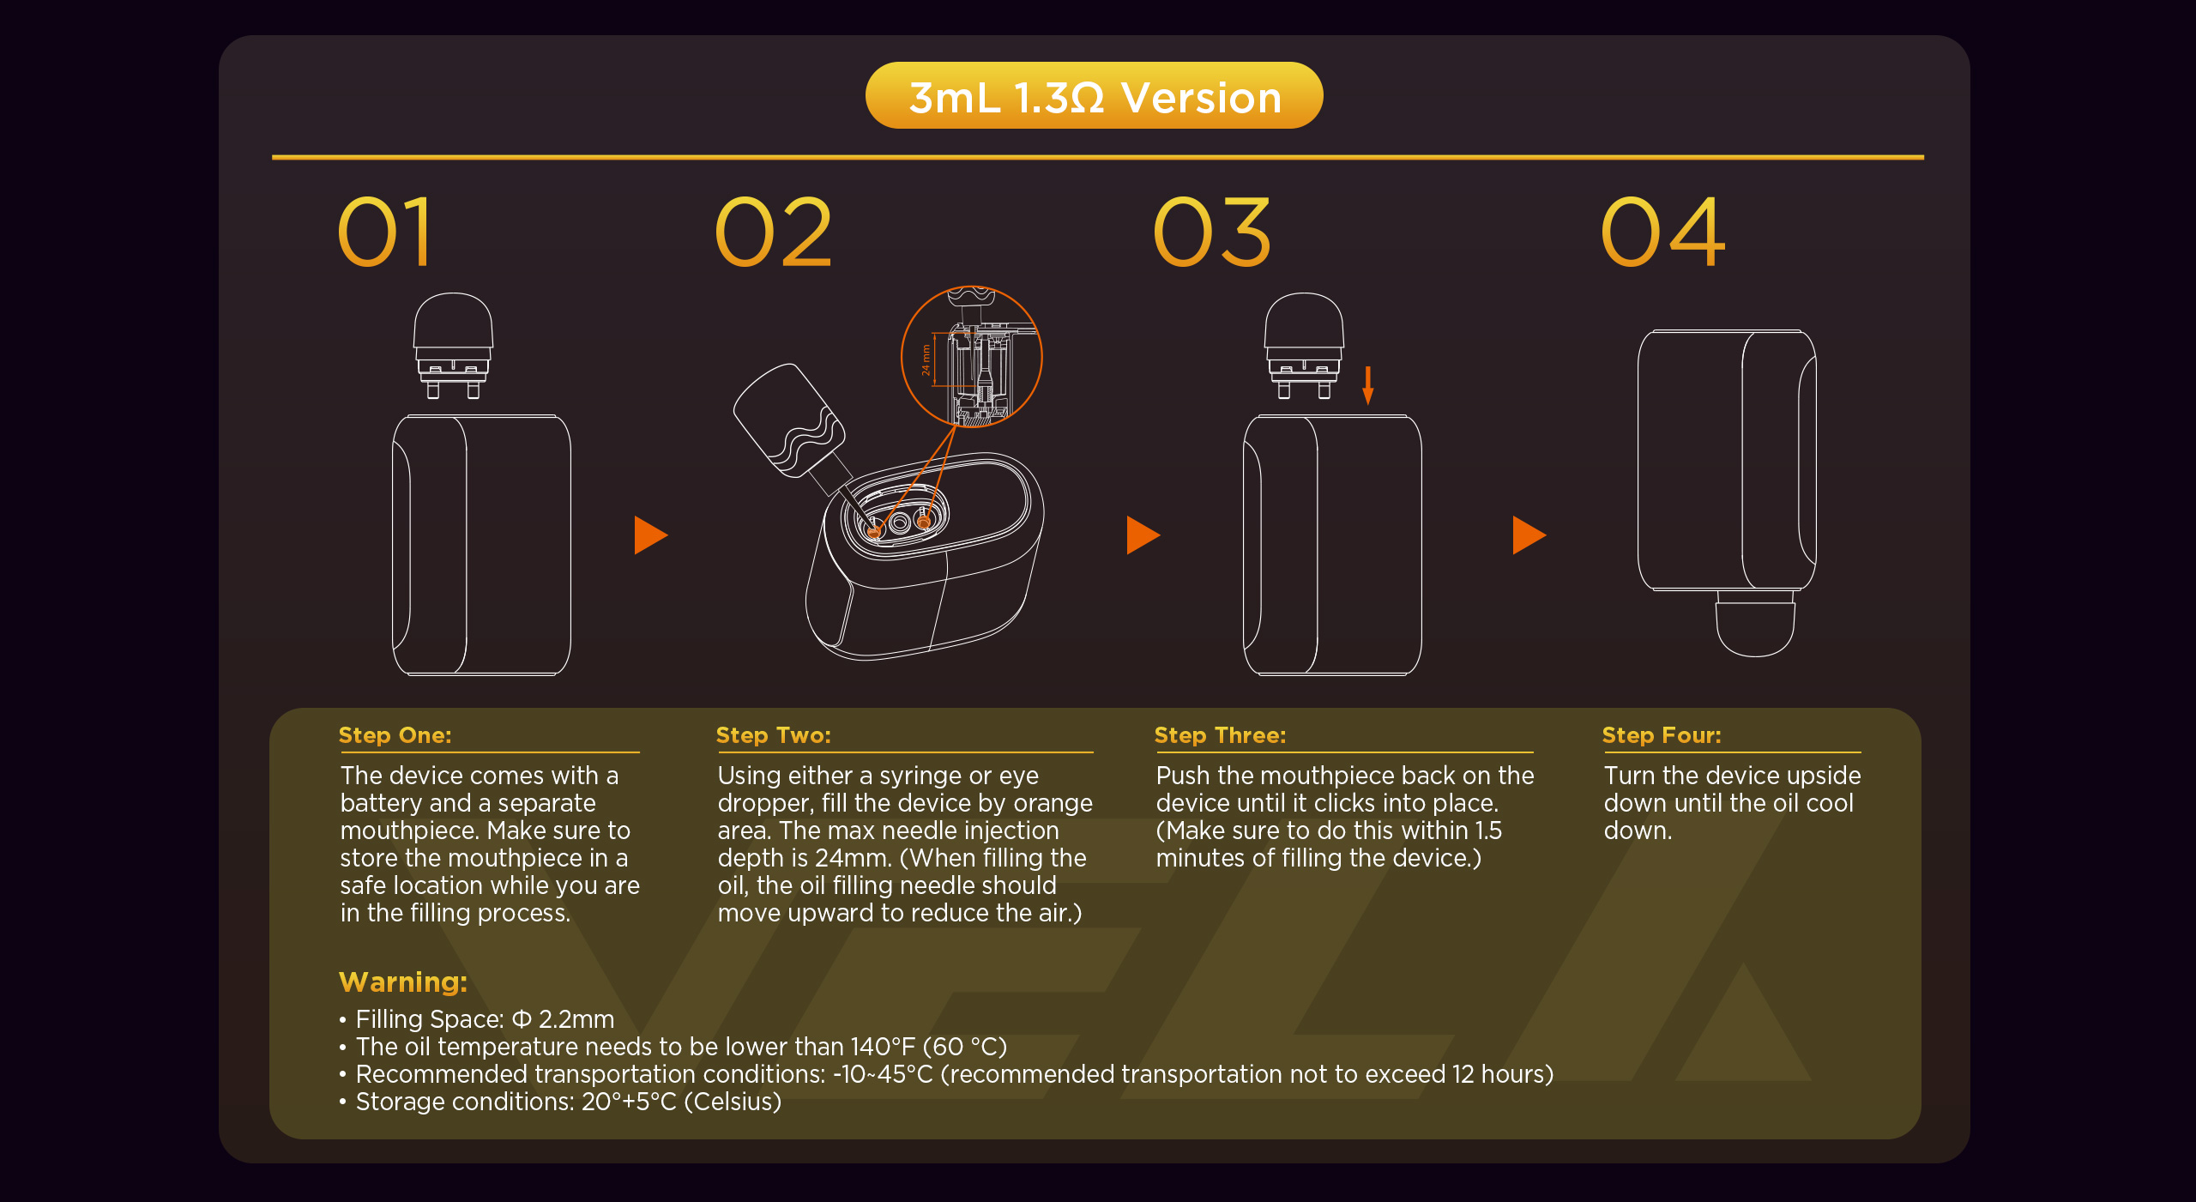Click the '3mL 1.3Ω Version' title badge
coord(1094,95)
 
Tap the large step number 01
coord(385,232)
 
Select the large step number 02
coord(773,232)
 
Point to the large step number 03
coord(1212,232)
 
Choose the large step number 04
coord(1663,232)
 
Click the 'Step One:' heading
coord(395,735)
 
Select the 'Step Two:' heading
coord(773,735)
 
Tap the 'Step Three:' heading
coord(1220,735)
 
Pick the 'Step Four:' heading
coord(1662,735)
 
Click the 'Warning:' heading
coord(403,982)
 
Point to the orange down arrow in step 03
coord(1368,385)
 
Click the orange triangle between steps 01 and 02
coord(650,535)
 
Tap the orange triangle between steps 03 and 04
coord(1529,535)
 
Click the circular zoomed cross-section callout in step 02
coord(971,356)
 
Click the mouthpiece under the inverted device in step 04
coord(1755,624)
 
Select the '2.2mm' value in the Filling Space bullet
coord(576,1019)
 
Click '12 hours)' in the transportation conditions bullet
coord(1503,1074)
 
